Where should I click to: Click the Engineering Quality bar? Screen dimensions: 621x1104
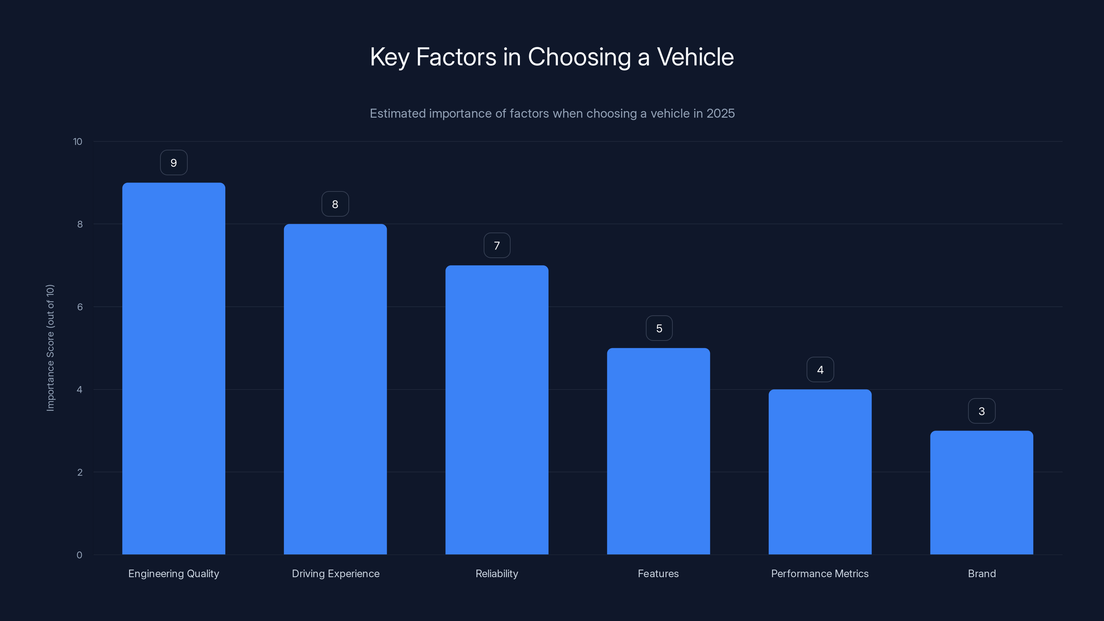(174, 368)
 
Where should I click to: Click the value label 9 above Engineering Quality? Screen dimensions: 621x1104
(174, 163)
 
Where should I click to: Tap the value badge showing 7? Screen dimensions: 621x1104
(497, 246)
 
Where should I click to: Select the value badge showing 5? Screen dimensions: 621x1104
(659, 328)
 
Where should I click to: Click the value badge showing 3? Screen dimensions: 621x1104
(982, 411)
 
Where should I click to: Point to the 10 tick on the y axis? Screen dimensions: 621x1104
(78, 141)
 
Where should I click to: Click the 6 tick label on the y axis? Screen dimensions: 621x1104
(80, 307)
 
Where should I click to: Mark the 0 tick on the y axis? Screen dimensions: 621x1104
(79, 555)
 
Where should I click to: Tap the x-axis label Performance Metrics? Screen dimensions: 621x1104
(819, 573)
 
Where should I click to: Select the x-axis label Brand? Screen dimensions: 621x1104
(982, 573)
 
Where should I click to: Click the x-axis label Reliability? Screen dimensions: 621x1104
(497, 573)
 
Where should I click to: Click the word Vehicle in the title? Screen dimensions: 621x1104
(695, 57)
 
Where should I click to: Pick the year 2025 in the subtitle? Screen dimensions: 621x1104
(720, 114)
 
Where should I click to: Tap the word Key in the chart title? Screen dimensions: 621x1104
(389, 57)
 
